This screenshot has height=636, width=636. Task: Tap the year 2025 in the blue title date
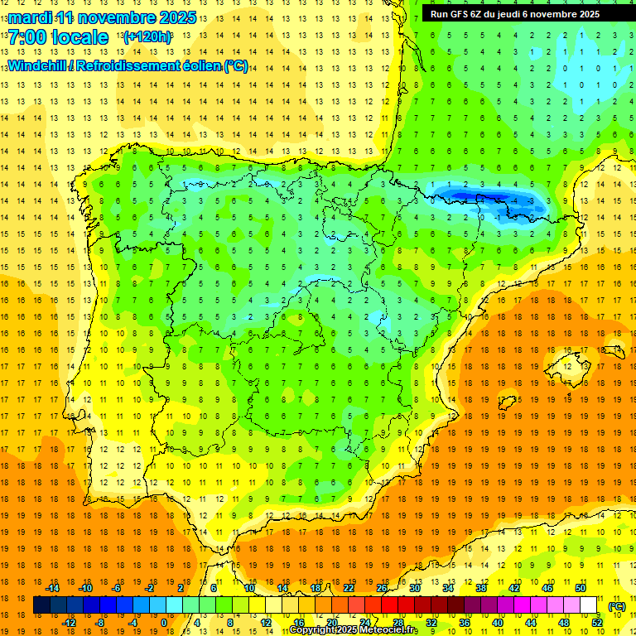(176, 17)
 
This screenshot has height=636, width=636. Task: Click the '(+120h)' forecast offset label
(147, 37)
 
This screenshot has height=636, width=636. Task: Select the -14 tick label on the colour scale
(52, 588)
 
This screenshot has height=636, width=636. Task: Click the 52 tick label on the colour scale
(596, 622)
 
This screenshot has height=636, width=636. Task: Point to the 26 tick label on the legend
(382, 588)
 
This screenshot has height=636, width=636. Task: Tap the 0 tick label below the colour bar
(164, 622)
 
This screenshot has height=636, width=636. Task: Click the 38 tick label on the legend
(480, 588)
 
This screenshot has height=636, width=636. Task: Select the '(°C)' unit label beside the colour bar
(616, 606)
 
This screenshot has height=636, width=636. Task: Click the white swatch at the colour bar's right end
(588, 605)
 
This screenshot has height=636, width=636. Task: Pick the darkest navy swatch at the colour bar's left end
(41, 605)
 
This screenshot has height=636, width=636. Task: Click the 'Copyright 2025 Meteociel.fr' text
(354, 630)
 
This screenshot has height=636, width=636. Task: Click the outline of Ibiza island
(508, 403)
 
